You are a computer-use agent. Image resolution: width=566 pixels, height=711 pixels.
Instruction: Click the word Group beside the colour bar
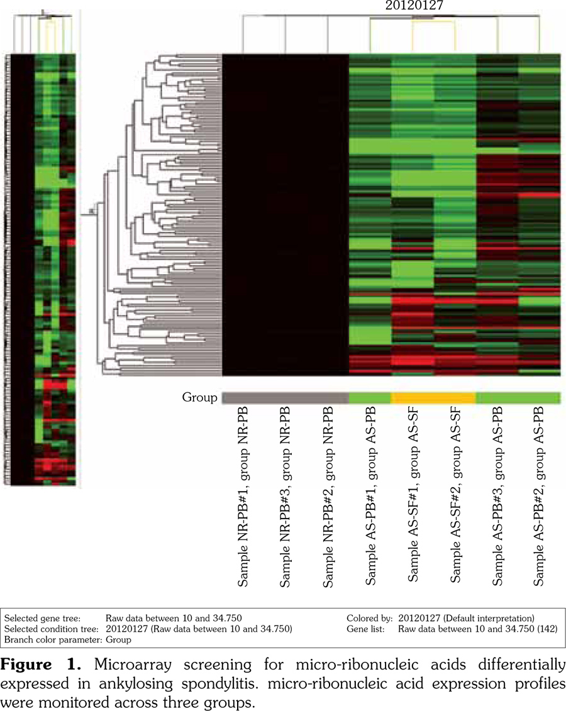199,398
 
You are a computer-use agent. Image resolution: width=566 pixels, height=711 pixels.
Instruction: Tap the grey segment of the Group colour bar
285,398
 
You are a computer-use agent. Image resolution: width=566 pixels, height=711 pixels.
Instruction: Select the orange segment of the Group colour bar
433,398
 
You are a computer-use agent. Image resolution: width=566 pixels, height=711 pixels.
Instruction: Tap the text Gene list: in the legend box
365,629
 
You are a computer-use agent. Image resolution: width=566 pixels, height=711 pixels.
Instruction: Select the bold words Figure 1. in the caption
42,664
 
